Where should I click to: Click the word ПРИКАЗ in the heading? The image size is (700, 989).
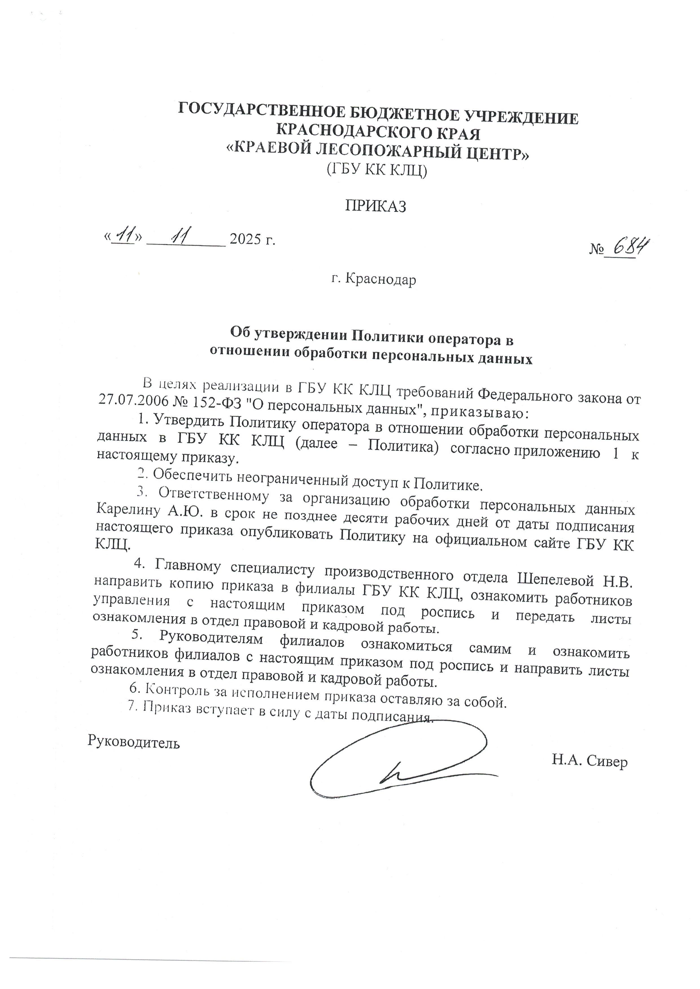(x=375, y=207)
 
